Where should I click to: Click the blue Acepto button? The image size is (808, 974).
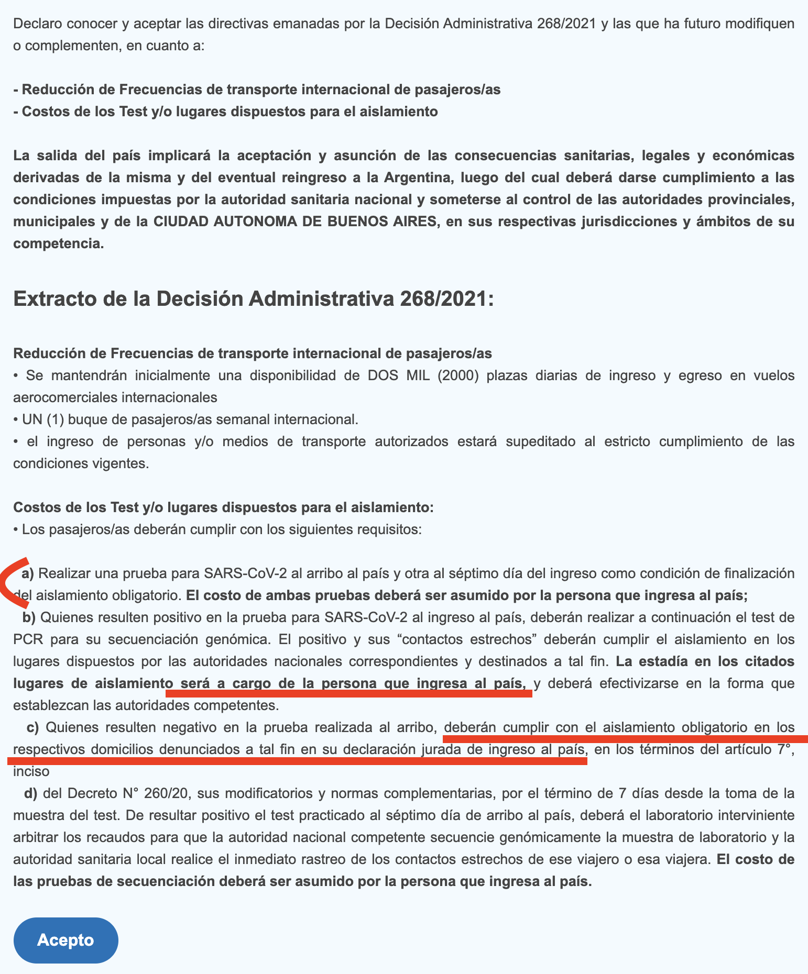point(65,940)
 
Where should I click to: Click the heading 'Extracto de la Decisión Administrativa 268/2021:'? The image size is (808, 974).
point(253,299)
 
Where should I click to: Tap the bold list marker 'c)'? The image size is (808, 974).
point(33,727)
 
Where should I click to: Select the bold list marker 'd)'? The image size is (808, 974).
point(31,793)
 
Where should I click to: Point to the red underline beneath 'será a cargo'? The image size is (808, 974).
point(348,693)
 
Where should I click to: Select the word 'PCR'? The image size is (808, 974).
point(28,639)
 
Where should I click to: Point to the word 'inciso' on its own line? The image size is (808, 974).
point(31,771)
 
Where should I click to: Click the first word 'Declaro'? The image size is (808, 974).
point(37,24)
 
